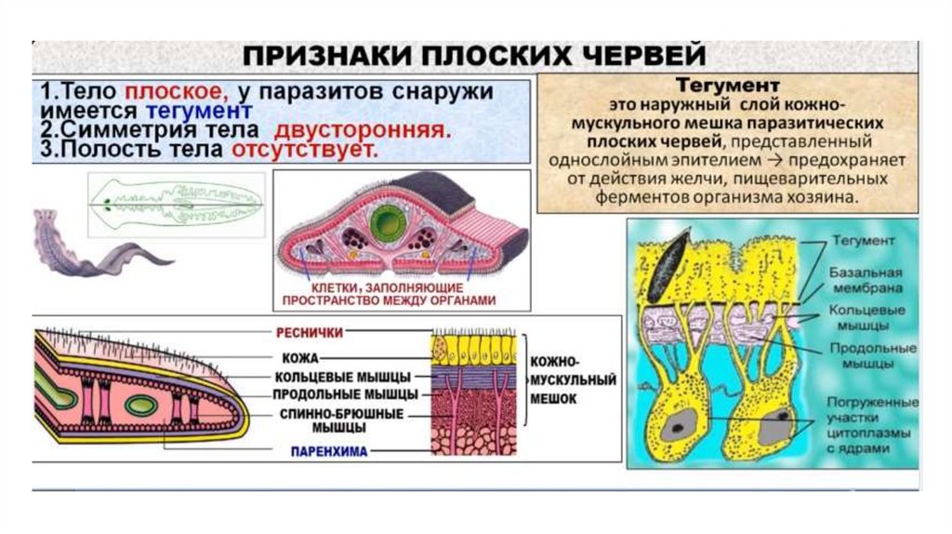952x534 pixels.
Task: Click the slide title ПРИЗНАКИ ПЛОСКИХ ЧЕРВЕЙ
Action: pyautogui.click(x=474, y=56)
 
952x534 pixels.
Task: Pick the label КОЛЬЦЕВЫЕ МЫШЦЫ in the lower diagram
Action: pyautogui.click(x=342, y=377)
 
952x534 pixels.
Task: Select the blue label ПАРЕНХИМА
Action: pyautogui.click(x=325, y=451)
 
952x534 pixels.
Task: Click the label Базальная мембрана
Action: pyautogui.click(x=864, y=279)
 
